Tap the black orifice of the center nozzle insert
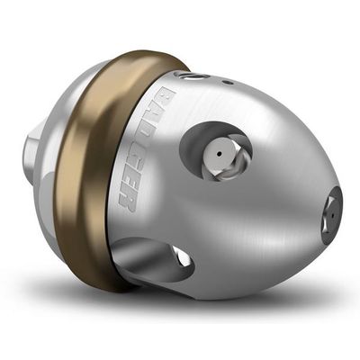tap(220, 154)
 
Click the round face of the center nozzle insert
tap(219, 154)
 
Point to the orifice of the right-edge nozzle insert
tap(332, 216)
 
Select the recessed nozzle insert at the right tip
tap(333, 214)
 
